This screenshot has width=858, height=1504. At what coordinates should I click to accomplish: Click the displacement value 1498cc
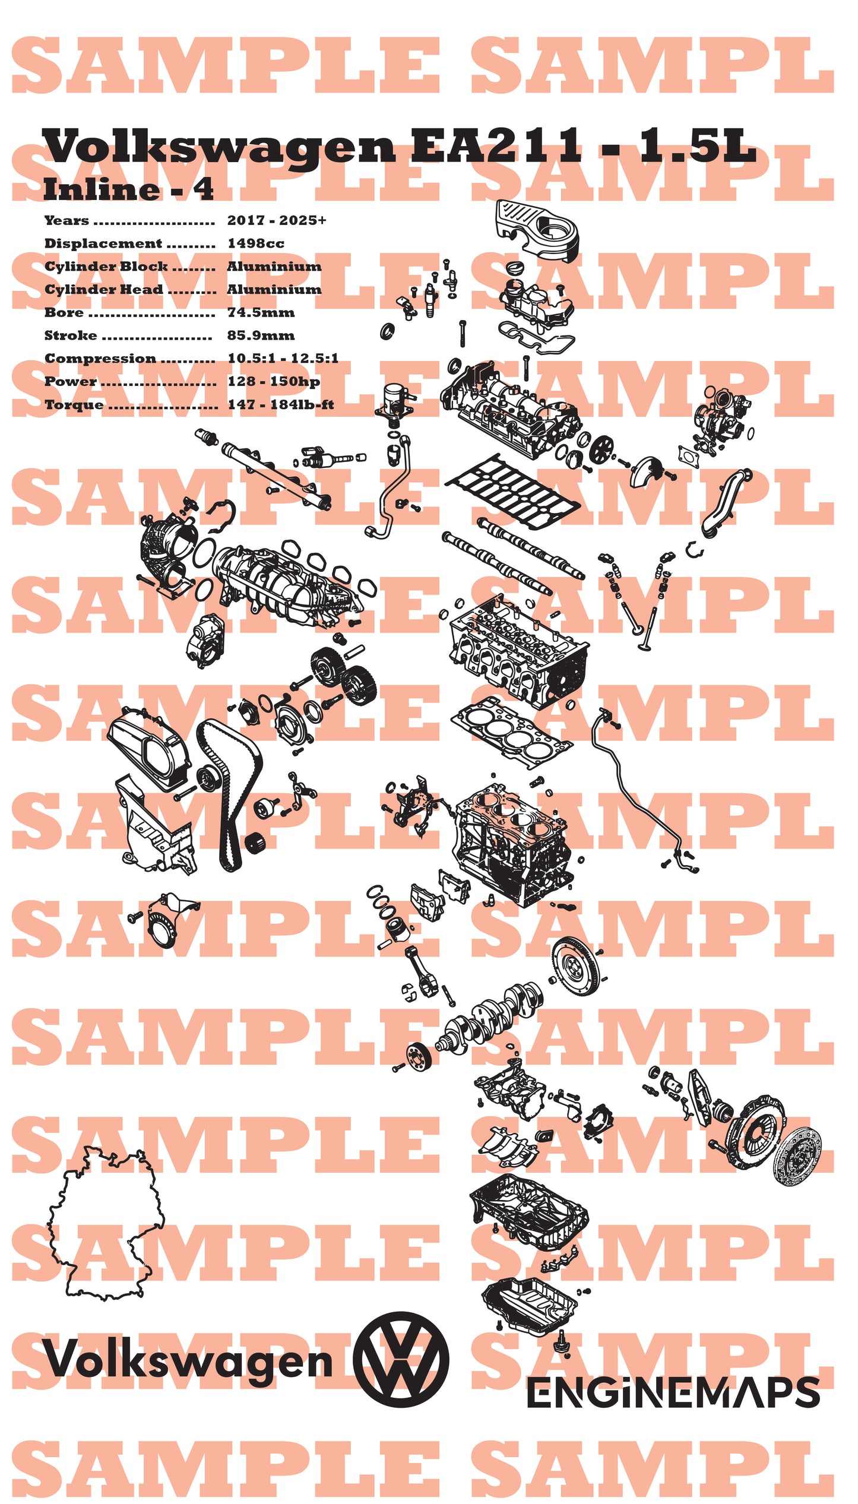255,243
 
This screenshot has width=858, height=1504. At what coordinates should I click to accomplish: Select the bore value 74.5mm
261,312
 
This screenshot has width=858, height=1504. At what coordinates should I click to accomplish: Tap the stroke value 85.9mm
261,335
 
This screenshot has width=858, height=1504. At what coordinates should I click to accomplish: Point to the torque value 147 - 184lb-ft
281,405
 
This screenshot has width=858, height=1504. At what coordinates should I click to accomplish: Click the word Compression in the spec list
100,359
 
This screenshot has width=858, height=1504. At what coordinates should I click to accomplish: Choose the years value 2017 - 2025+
277,220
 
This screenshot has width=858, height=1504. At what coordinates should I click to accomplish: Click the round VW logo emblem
401,1359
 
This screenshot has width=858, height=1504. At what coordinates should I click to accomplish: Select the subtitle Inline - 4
128,190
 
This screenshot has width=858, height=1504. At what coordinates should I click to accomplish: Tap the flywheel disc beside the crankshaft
575,967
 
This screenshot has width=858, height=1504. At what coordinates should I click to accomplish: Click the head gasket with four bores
511,731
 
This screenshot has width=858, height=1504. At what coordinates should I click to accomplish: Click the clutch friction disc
798,1158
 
